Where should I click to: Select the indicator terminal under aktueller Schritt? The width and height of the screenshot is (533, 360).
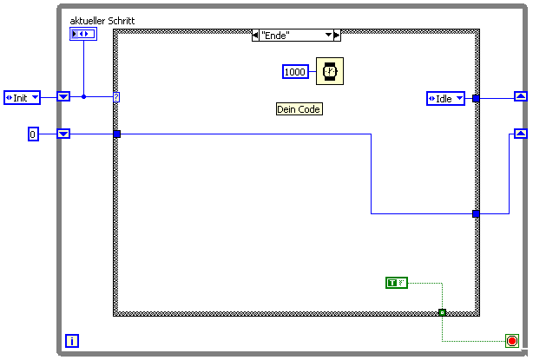[83, 34]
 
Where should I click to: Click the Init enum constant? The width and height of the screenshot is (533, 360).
[23, 97]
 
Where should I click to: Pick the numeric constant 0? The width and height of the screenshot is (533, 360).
[33, 134]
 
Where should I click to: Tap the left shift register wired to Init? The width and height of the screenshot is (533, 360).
[63, 96]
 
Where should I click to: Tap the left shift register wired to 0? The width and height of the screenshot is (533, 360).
[63, 134]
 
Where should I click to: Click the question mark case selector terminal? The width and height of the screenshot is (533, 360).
[116, 97]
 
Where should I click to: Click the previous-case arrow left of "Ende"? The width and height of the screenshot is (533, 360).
[254, 35]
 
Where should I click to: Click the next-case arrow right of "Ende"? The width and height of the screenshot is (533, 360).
[337, 35]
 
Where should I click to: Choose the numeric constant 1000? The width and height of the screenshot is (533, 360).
[295, 72]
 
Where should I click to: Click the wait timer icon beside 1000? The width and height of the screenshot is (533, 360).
[328, 71]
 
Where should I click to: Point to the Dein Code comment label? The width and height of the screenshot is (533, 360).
[299, 109]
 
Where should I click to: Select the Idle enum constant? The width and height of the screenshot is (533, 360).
[446, 98]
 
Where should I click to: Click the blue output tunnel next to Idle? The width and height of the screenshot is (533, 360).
[476, 98]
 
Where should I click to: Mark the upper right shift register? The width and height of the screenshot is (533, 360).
[520, 96]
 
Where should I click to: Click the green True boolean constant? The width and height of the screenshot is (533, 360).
[397, 283]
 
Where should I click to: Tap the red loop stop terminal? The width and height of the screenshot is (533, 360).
[512, 341]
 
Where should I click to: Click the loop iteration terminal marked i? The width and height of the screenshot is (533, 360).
[72, 341]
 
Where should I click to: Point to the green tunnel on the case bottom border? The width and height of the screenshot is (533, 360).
[442, 311]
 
